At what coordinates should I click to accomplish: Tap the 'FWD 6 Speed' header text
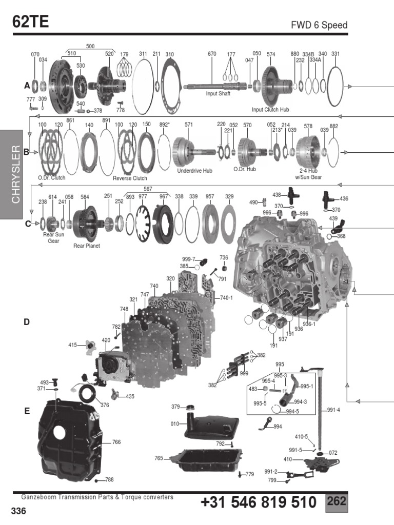pos(319,25)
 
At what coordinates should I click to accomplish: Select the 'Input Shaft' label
pos(218,94)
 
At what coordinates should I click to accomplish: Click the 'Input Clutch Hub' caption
pos(271,109)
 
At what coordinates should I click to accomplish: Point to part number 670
pos(212,54)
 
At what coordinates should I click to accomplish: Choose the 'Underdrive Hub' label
pos(194,171)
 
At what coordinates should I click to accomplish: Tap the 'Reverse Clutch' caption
pos(130,178)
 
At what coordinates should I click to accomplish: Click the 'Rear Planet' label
pos(86,246)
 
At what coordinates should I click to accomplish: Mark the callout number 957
pos(209,196)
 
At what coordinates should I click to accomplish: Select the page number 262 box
pos(337,501)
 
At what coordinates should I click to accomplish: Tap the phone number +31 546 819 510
pos(259,503)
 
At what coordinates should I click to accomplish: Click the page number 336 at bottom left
pos(18,511)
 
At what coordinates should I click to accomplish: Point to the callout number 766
pos(116,442)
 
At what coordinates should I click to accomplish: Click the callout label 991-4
pos(333,410)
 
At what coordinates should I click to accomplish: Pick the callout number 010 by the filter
pos(175,424)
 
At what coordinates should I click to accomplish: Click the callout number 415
pos(73,345)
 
